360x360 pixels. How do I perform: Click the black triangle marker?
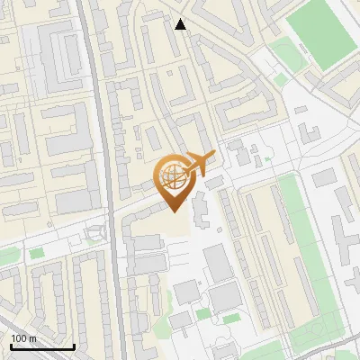tap(181, 24)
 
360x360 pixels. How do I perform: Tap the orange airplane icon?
tap(200, 163)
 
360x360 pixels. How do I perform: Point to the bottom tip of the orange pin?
tap(174, 210)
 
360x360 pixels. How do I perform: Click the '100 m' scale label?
tap(24, 337)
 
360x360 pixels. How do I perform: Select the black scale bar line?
tap(42, 346)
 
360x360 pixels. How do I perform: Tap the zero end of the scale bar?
tap(11, 346)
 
